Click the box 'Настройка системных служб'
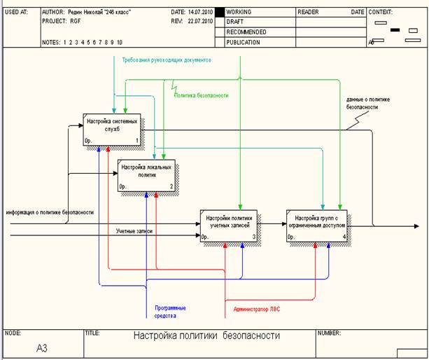111,129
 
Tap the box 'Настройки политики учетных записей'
229,225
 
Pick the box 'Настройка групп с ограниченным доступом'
316,225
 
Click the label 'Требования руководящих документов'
166,60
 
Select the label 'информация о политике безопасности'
50,212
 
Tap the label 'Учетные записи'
134,230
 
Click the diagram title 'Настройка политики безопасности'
206,335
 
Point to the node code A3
43,347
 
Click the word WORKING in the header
239,12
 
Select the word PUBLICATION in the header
244,42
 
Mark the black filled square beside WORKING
219,12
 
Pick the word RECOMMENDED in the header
246,32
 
